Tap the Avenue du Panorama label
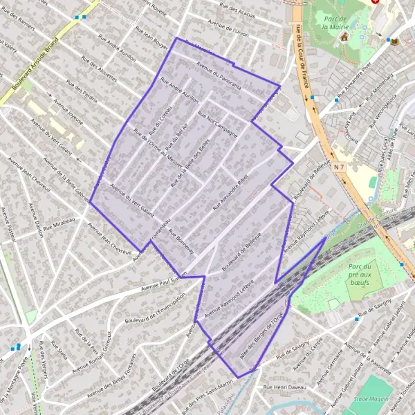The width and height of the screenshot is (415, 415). click(x=218, y=76)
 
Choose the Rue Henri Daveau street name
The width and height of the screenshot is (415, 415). click(x=284, y=387)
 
